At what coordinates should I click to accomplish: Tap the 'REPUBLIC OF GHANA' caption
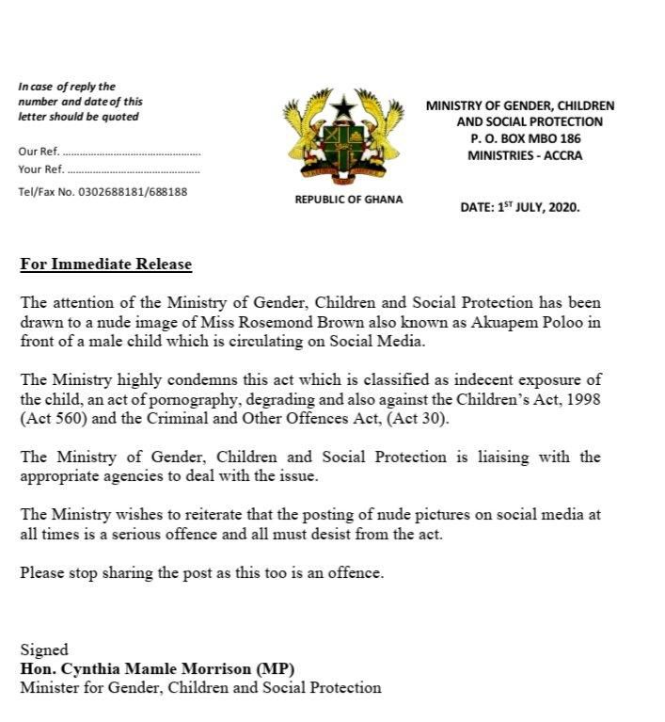(349, 199)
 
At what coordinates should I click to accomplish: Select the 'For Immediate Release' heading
(106, 265)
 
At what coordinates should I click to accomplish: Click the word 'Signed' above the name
(44, 650)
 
